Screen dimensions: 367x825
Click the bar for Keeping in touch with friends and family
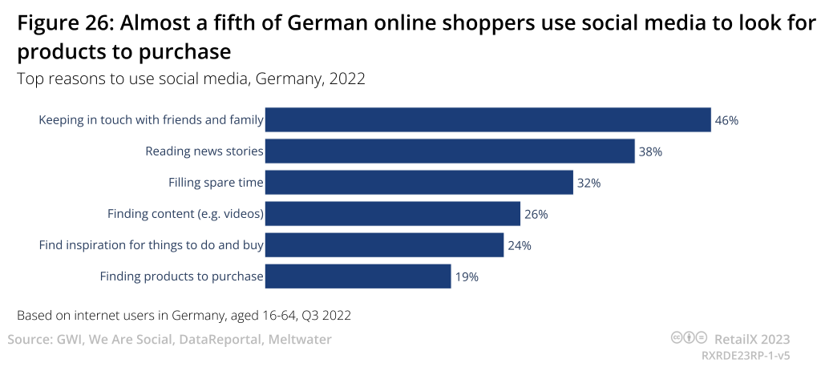[487, 120]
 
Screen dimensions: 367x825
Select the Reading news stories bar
[450, 151]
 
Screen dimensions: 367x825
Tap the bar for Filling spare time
[419, 183]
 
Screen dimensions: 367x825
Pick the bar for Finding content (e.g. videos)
[393, 214]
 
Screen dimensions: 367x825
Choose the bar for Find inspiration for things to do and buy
[384, 245]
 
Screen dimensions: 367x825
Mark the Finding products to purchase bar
[358, 276]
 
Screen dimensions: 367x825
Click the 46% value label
[726, 120]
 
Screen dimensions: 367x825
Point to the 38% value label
[650, 151]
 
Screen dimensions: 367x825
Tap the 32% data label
[588, 183]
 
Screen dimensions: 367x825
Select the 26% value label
[536, 214]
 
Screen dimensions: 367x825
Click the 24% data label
[520, 245]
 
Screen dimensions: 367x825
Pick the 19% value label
[467, 276]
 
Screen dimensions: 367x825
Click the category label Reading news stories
[204, 151]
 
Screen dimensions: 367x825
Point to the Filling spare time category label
[216, 183]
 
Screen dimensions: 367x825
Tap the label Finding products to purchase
[181, 276]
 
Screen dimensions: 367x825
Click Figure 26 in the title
[64, 24]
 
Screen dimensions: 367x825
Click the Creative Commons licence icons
[689, 338]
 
